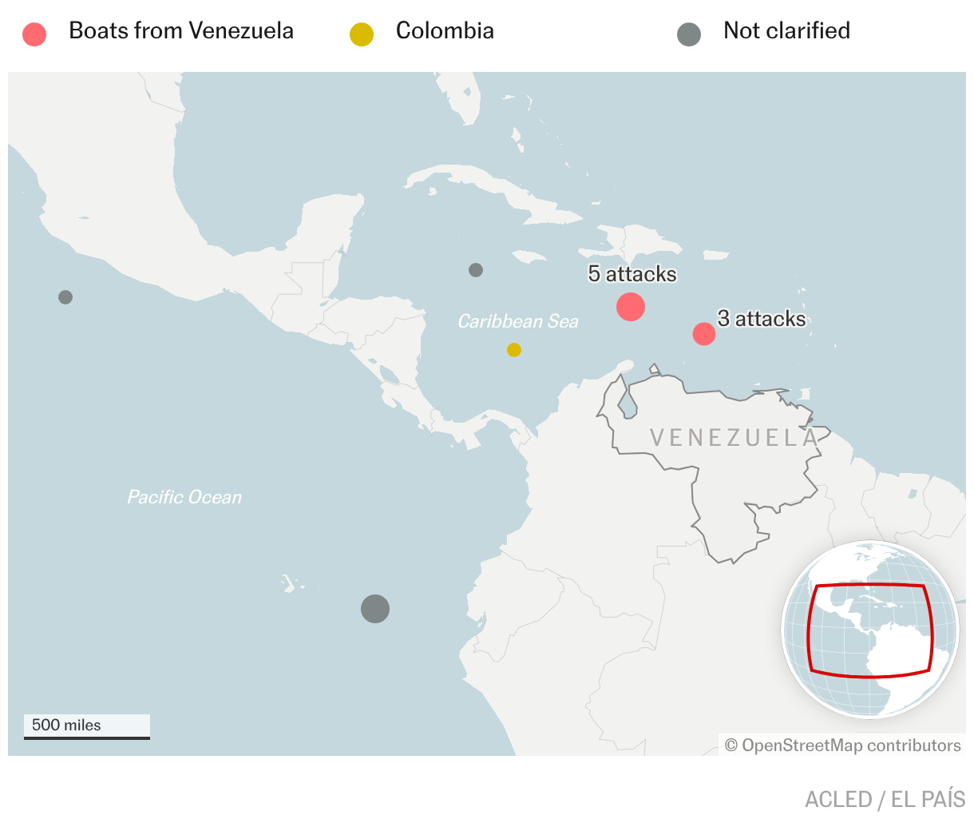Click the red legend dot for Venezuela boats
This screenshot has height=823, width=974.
click(34, 34)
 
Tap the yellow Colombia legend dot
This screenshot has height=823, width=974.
click(362, 34)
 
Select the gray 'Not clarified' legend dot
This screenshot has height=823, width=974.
click(689, 34)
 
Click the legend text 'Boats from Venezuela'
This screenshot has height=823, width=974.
click(181, 31)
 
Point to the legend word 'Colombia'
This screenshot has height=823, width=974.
click(445, 31)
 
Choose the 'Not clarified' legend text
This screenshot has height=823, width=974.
click(786, 31)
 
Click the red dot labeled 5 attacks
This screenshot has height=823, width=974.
click(631, 307)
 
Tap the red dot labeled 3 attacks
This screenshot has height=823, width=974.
click(704, 333)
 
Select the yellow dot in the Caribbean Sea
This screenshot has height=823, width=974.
click(514, 350)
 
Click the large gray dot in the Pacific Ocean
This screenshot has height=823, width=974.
click(375, 609)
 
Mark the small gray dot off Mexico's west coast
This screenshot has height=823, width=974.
click(65, 297)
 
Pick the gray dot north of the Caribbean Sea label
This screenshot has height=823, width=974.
click(476, 270)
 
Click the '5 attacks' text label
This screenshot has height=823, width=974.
click(632, 274)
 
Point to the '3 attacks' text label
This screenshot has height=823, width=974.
click(762, 319)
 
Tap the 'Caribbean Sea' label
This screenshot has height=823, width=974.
click(518, 321)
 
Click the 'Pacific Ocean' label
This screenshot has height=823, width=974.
click(184, 497)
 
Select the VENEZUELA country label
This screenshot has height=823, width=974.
click(734, 437)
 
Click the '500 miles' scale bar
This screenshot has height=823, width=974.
click(86, 726)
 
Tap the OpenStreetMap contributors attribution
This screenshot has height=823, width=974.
click(843, 745)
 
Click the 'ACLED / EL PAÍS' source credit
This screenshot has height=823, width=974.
click(885, 799)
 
